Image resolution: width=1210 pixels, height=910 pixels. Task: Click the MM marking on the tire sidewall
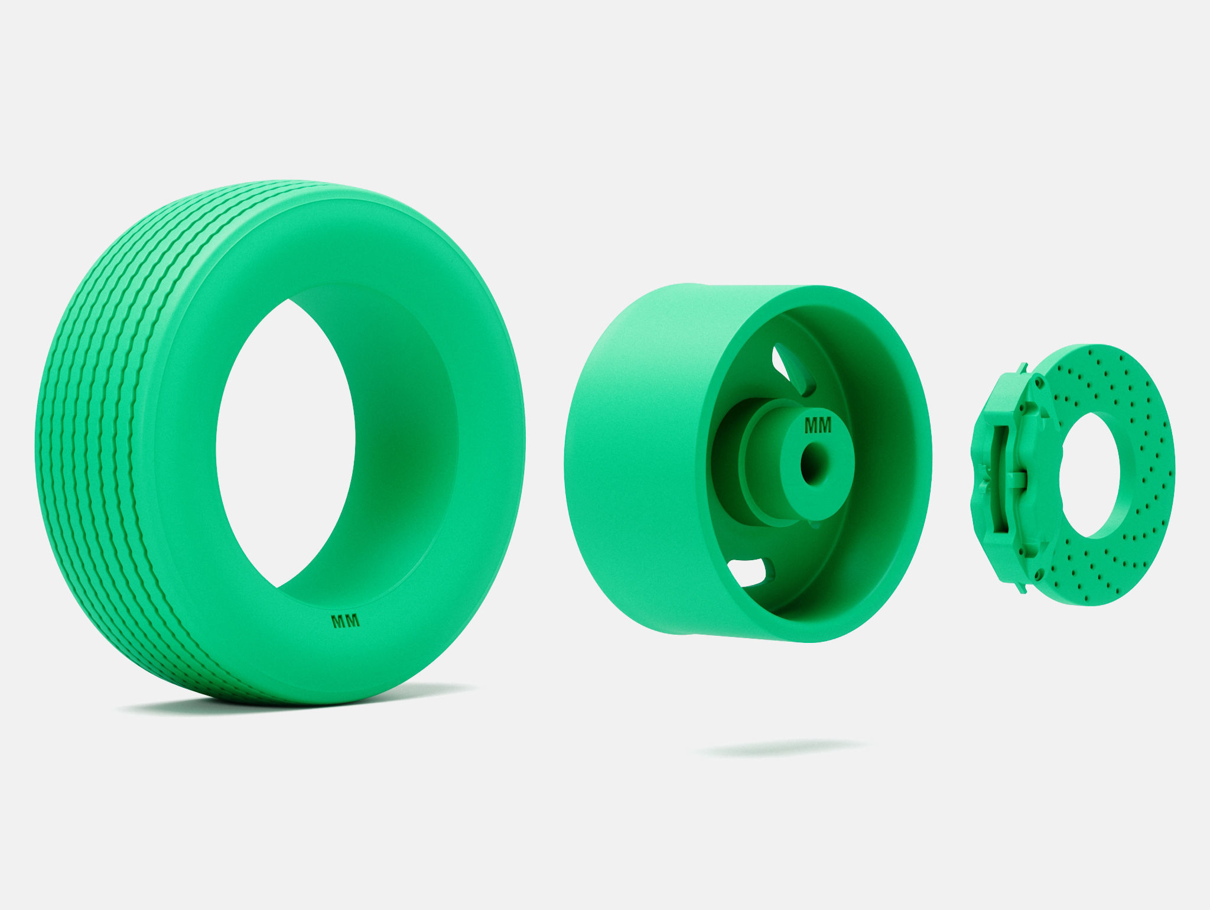(x=347, y=621)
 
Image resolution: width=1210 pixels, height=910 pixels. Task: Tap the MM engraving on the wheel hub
(x=818, y=425)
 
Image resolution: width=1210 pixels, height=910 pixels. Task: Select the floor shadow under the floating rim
(x=783, y=749)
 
